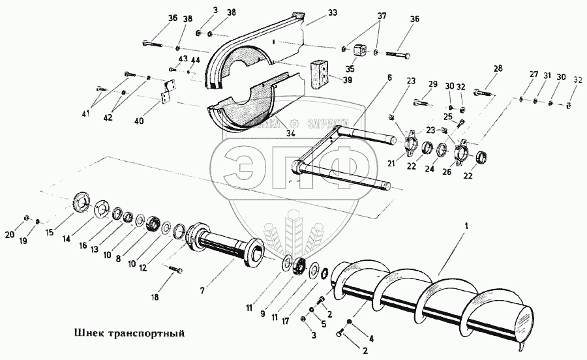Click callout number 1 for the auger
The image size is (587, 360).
pos(466,226)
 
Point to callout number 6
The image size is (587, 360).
pos(389,78)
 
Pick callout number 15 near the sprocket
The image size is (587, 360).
pos(50,232)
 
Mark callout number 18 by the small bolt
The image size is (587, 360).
pos(155,297)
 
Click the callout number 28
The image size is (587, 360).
pos(498,68)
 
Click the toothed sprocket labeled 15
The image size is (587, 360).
pos(80,200)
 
